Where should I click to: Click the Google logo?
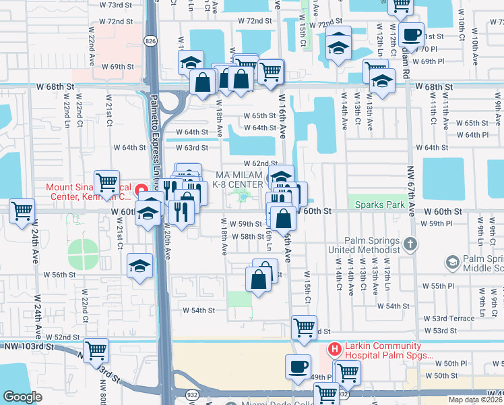coord(24,396)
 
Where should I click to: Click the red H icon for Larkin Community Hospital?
coord(332,349)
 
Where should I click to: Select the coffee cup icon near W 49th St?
coord(297,367)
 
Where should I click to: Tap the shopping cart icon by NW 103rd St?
coord(96,350)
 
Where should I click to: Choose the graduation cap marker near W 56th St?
coord(139,265)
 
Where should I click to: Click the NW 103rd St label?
coord(26,346)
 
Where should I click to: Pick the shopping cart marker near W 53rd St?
coord(304,327)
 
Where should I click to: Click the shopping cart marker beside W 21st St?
coord(106,182)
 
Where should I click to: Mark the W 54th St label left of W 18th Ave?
coord(199,310)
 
